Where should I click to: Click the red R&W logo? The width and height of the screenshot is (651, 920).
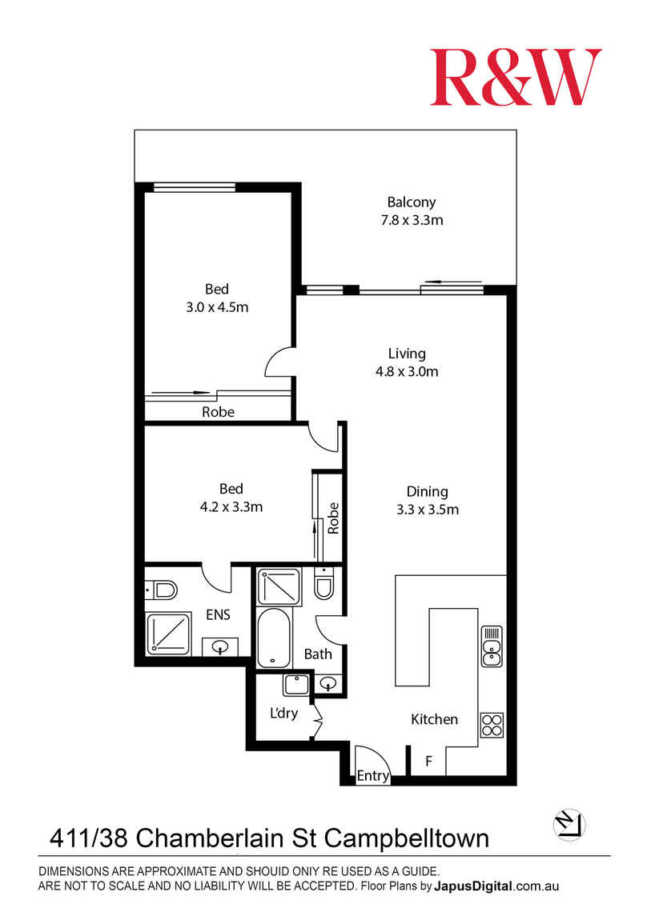(x=516, y=77)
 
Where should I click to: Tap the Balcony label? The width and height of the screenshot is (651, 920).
(x=412, y=202)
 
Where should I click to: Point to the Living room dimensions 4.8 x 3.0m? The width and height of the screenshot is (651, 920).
(x=407, y=371)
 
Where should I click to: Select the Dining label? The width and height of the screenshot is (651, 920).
(x=428, y=492)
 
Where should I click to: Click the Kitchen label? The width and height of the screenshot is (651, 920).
(x=434, y=719)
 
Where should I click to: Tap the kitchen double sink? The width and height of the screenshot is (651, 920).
(x=492, y=646)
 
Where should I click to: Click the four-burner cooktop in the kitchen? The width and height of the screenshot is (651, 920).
(x=492, y=725)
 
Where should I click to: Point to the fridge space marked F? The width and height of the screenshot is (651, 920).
(x=429, y=761)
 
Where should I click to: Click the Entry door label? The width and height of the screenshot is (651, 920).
(x=373, y=776)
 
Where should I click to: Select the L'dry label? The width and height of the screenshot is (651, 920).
(x=283, y=713)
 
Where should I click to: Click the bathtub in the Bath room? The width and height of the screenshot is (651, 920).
(x=274, y=637)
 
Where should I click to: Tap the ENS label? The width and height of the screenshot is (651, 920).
(x=218, y=614)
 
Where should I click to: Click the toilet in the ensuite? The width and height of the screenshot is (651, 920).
(x=161, y=590)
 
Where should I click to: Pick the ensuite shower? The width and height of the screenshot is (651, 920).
(x=168, y=634)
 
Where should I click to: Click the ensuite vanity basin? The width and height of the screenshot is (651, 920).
(x=220, y=647)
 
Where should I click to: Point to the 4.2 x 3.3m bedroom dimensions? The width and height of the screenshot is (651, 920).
(x=231, y=507)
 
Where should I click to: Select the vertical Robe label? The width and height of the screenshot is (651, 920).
(x=333, y=518)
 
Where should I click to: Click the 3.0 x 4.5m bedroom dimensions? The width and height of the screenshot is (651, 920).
(x=217, y=307)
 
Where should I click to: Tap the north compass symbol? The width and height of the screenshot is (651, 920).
(x=569, y=824)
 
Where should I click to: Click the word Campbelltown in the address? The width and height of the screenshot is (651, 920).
(x=407, y=838)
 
